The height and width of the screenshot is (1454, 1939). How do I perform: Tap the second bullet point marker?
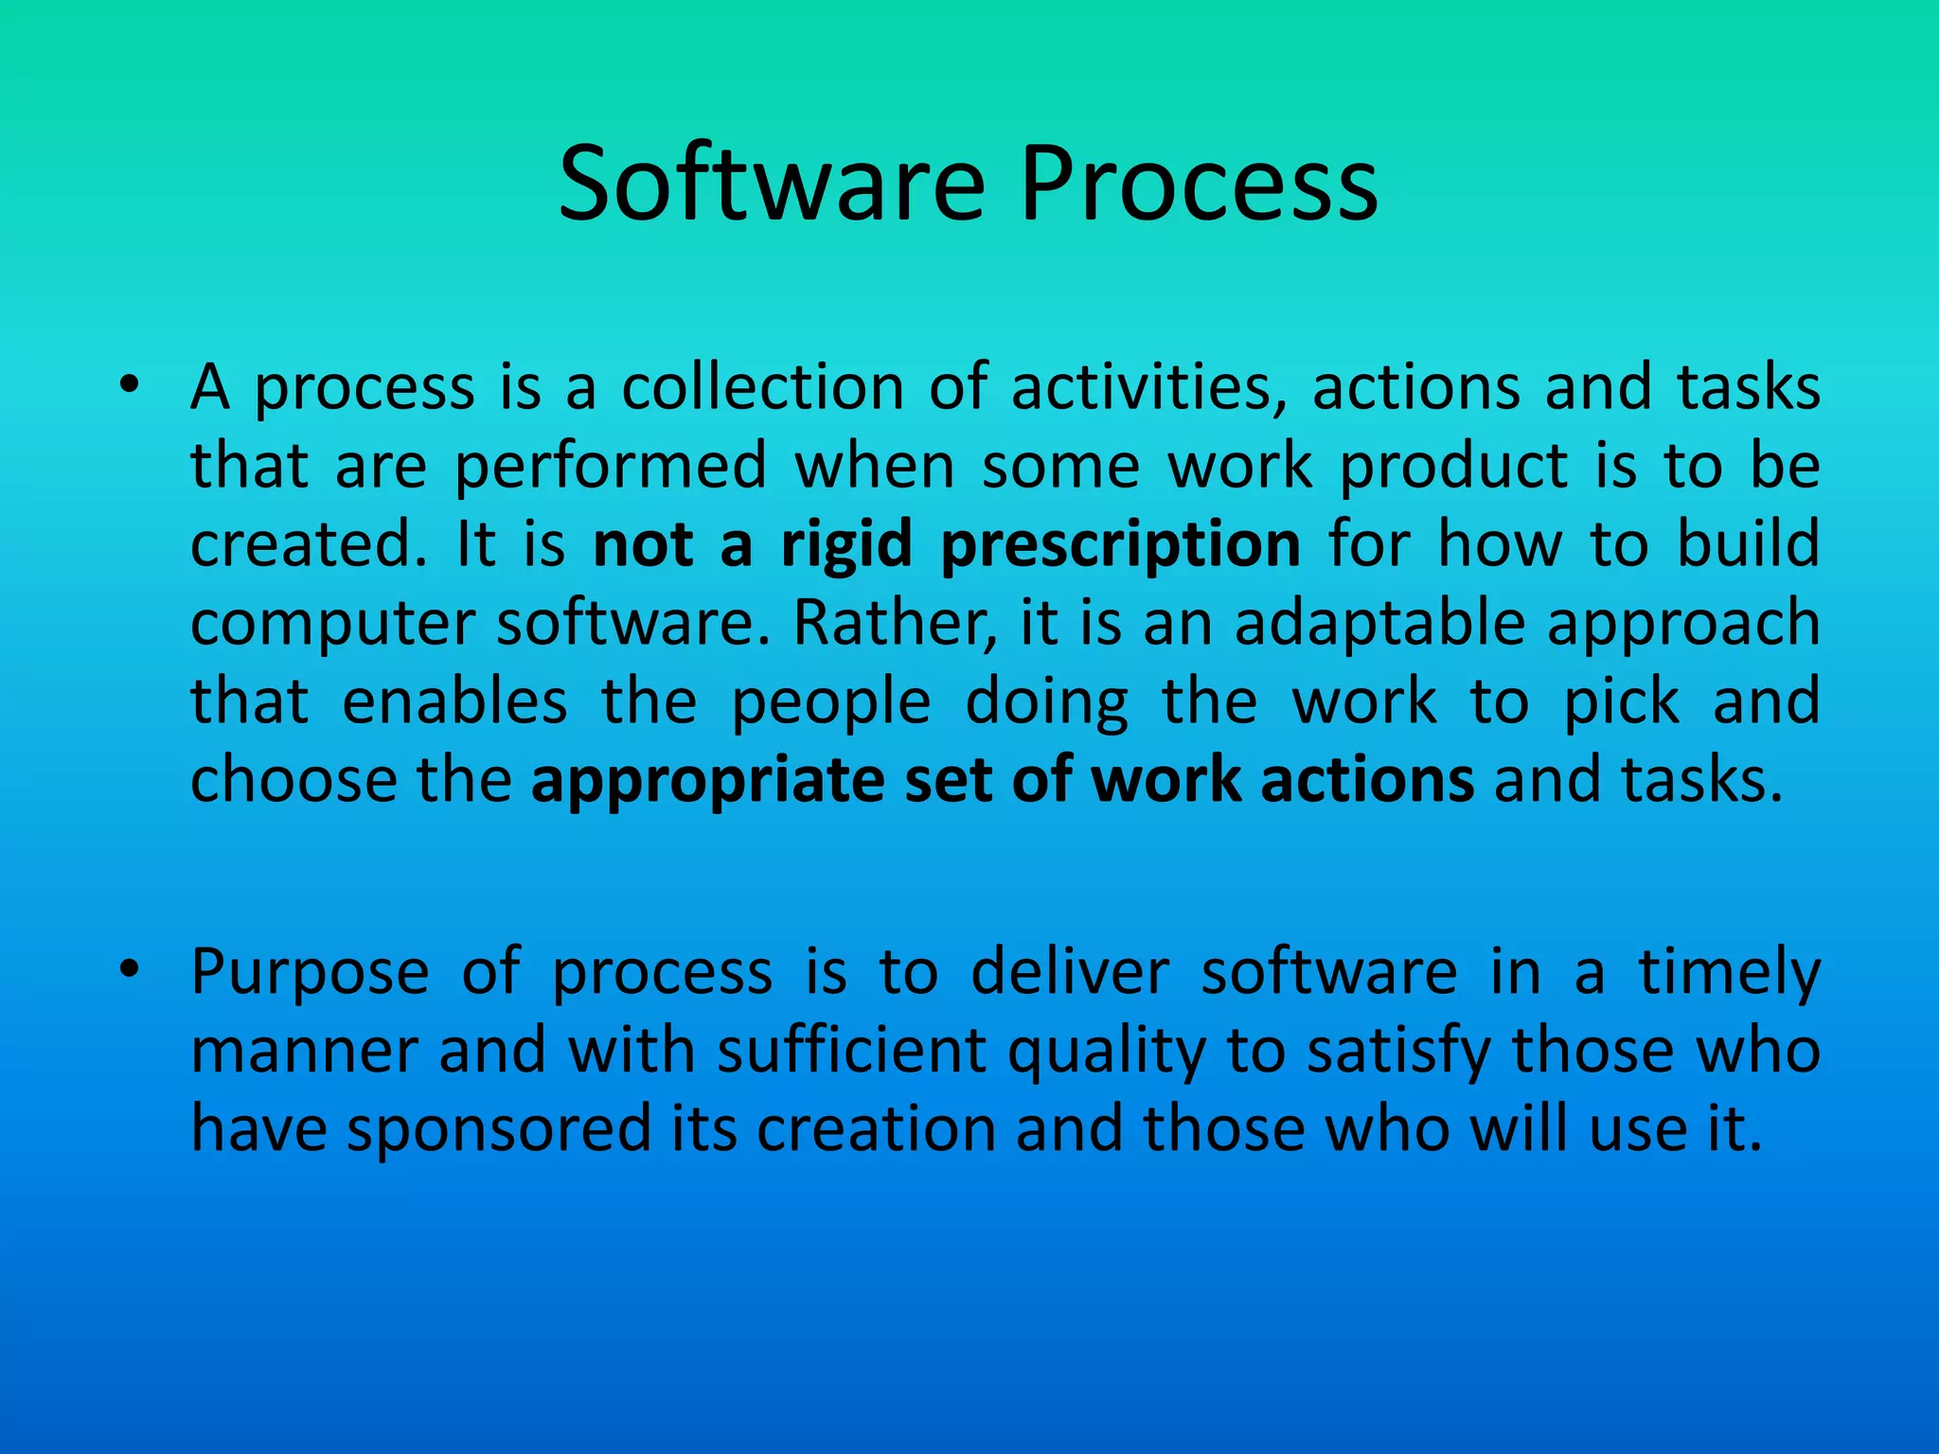(x=130, y=969)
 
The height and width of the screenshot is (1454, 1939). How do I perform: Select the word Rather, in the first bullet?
(x=895, y=625)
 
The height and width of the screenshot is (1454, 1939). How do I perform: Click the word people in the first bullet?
(x=831, y=703)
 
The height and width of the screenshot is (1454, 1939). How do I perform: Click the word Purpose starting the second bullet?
(x=310, y=973)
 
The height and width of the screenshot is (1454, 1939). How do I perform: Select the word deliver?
(x=1070, y=973)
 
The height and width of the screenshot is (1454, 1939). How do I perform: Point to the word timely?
(x=1729, y=973)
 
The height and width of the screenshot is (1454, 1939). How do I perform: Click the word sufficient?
(x=851, y=1052)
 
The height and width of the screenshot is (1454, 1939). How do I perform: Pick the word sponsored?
(x=499, y=1130)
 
